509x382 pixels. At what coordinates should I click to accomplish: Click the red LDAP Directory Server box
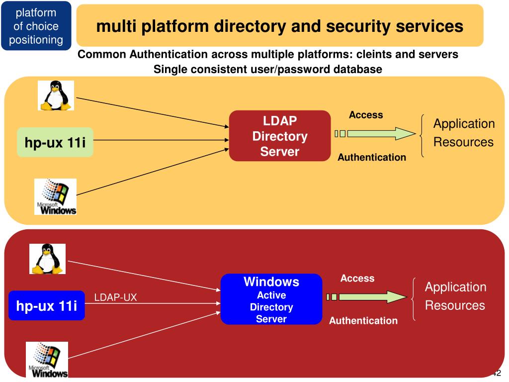click(x=280, y=136)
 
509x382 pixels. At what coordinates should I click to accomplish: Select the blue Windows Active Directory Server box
click(x=271, y=299)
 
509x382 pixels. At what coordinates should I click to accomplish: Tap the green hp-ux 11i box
click(x=55, y=142)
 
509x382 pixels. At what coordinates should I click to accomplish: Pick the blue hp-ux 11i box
click(x=46, y=306)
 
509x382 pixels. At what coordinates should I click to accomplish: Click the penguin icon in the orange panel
click(x=56, y=95)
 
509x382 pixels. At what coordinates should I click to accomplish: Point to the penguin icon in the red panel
click(x=47, y=259)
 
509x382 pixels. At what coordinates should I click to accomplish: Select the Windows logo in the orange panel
click(x=56, y=196)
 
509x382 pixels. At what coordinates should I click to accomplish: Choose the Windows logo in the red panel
click(x=47, y=360)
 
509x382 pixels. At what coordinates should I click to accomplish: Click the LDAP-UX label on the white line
click(x=115, y=297)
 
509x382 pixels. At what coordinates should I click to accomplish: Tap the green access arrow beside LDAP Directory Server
click(x=375, y=133)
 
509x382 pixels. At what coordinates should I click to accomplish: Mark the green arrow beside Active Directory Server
click(x=366, y=297)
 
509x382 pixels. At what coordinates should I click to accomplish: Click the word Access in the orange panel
click(x=366, y=115)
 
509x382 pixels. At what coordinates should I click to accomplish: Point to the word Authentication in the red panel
click(x=363, y=321)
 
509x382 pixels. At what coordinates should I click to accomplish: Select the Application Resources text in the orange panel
click(x=464, y=133)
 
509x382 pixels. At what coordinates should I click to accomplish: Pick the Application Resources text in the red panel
click(x=455, y=296)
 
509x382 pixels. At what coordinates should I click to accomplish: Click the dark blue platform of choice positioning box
click(x=36, y=26)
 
